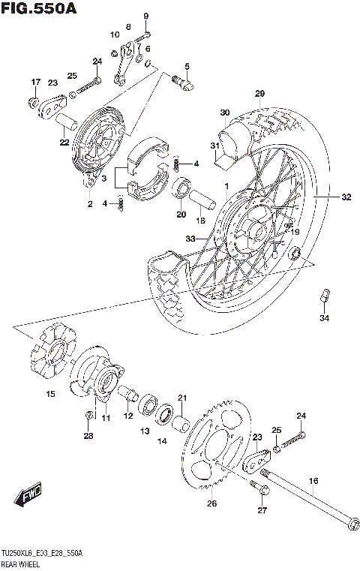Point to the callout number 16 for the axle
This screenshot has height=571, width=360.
(x=313, y=480)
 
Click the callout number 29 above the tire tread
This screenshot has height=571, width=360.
(x=260, y=93)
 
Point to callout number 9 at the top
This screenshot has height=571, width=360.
(x=146, y=17)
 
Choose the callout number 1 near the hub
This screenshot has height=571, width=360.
(x=224, y=185)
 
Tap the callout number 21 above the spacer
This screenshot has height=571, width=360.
(x=181, y=398)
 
